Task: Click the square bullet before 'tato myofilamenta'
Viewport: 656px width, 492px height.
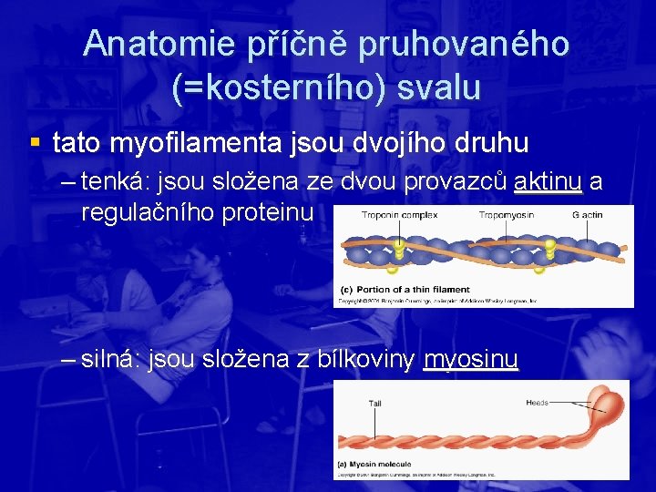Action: tap(35, 142)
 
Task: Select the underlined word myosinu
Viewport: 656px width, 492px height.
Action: tap(470, 360)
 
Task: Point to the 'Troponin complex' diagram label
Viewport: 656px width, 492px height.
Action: tap(399, 215)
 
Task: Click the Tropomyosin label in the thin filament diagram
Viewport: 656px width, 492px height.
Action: tap(506, 215)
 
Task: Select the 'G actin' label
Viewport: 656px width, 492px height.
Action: tap(588, 215)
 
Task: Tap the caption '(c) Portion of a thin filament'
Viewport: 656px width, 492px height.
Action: tap(407, 288)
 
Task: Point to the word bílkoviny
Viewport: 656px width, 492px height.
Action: tap(368, 360)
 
